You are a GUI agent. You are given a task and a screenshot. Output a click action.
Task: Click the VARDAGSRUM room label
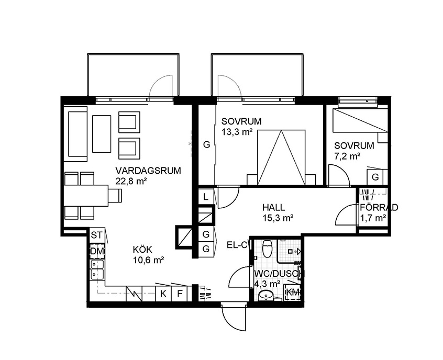coord(148,171)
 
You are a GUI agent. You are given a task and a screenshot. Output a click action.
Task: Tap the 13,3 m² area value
coord(237,132)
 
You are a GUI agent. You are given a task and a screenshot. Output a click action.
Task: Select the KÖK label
coord(142,250)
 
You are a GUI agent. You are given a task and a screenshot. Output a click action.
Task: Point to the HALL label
coord(274,208)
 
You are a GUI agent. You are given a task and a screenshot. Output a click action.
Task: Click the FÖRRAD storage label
coord(379,208)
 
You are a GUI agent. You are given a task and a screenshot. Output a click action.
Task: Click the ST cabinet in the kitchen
coord(96,235)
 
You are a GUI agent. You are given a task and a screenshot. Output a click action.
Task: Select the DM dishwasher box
coord(97,251)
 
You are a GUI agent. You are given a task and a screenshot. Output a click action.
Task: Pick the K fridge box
coord(163,294)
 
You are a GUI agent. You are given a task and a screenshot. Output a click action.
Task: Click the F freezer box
coord(180,294)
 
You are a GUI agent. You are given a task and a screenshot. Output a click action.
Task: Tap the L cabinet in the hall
coord(206,197)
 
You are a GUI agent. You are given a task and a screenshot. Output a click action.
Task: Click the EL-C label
coord(237,245)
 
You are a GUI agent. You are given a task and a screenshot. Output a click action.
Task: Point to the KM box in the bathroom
coord(292,293)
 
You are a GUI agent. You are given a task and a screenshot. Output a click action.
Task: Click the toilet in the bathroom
coord(267,249)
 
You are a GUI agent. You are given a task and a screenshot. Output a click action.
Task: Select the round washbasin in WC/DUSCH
coord(265,295)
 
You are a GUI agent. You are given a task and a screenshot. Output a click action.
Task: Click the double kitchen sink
coord(97,269)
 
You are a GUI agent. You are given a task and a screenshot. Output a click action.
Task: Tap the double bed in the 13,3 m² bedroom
coord(281,157)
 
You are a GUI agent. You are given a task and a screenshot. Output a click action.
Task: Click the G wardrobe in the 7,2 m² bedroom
coord(375,177)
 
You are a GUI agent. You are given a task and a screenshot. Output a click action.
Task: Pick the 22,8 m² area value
coord(131,181)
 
